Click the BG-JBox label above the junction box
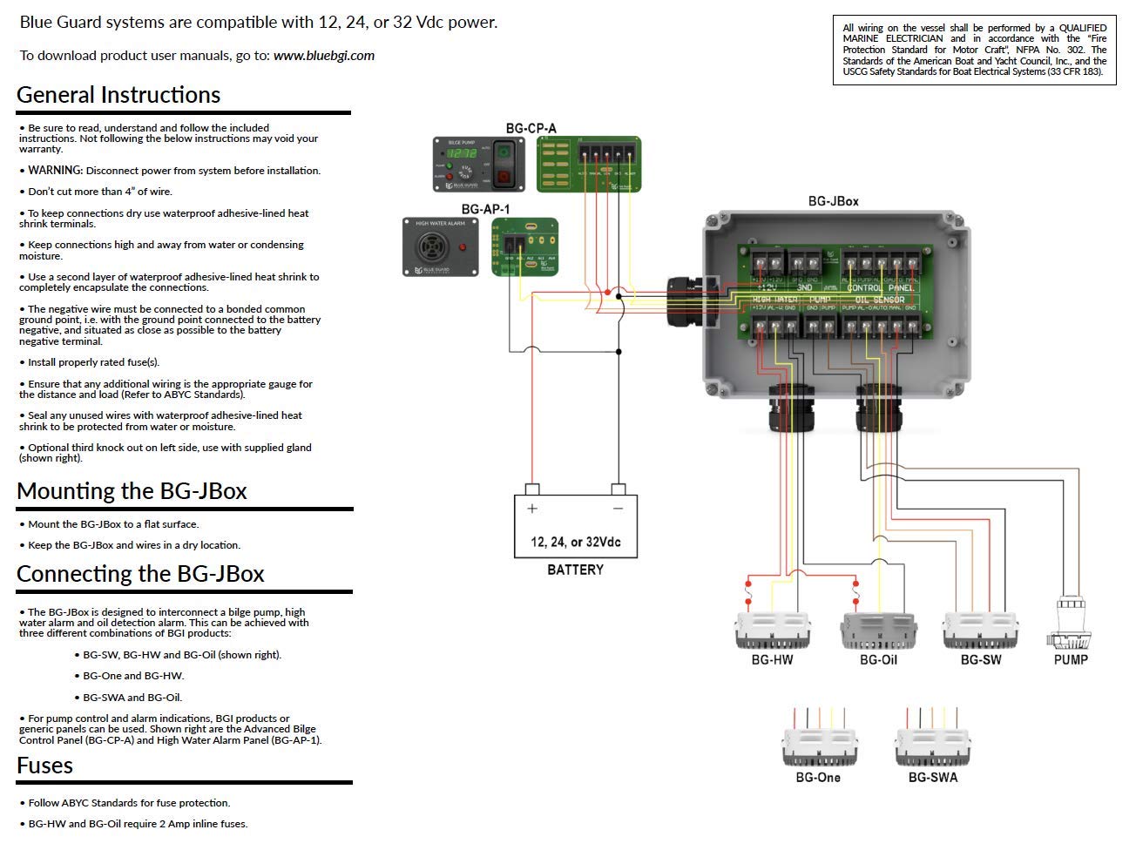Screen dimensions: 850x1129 click(x=833, y=201)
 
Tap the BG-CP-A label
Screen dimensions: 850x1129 click(x=531, y=128)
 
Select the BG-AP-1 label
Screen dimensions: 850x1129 click(x=485, y=209)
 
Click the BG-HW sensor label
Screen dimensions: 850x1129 click(x=772, y=659)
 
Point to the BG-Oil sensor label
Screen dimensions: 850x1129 click(x=878, y=659)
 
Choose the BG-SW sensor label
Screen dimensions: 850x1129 click(x=981, y=659)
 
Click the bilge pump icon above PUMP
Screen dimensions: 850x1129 click(x=1068, y=623)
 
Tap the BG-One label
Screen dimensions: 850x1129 click(x=817, y=777)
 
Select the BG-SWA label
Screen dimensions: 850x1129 click(x=932, y=777)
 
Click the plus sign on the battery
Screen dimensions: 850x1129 click(x=532, y=509)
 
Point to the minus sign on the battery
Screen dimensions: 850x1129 click(x=618, y=509)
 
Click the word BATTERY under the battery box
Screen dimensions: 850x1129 click(x=575, y=570)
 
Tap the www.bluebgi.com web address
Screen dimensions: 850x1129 click(x=323, y=56)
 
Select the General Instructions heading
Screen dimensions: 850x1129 click(x=118, y=95)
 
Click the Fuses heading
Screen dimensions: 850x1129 click(x=44, y=766)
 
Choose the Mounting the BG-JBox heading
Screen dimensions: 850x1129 click(x=132, y=491)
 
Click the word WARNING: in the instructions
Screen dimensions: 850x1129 click(x=55, y=171)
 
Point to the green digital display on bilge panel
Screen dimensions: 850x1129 click(x=461, y=153)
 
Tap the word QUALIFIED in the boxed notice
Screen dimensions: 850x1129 click(x=1083, y=28)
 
